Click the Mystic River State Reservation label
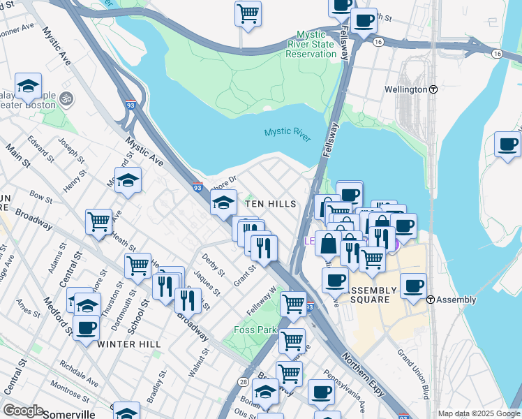pyautogui.click(x=316, y=44)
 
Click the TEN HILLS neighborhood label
pyautogui.click(x=271, y=204)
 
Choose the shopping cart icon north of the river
pyautogui.click(x=248, y=13)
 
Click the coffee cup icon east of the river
pyautogui.click(x=507, y=144)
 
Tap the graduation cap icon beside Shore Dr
pyautogui.click(x=223, y=203)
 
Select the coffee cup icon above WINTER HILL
pyautogui.click(x=86, y=327)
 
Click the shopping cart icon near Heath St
pyautogui.click(x=98, y=222)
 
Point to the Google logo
pyautogui.click(x=22, y=411)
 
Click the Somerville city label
pyautogui.click(x=68, y=414)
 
